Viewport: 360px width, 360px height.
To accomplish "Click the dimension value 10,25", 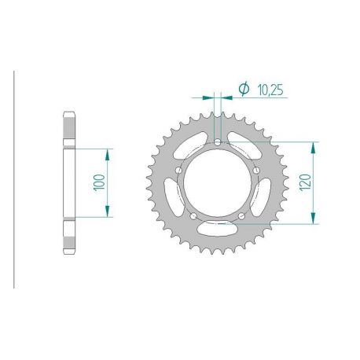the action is click(x=270, y=90).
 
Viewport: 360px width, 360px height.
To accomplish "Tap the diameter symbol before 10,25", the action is click(x=244, y=89).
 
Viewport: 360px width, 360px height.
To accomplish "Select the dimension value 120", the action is click(x=306, y=182).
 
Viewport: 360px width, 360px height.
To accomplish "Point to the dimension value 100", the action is click(x=99, y=182).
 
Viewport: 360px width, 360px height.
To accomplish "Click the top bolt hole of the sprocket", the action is click(x=218, y=142).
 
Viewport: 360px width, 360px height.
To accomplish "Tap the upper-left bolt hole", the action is click(x=179, y=171).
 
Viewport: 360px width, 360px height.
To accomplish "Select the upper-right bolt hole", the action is click(x=256, y=171).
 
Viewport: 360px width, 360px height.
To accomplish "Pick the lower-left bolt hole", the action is click(x=193, y=216).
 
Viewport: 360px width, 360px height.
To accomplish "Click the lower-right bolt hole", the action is click(x=241, y=216).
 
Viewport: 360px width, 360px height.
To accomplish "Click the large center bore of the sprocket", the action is click(x=218, y=183).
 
